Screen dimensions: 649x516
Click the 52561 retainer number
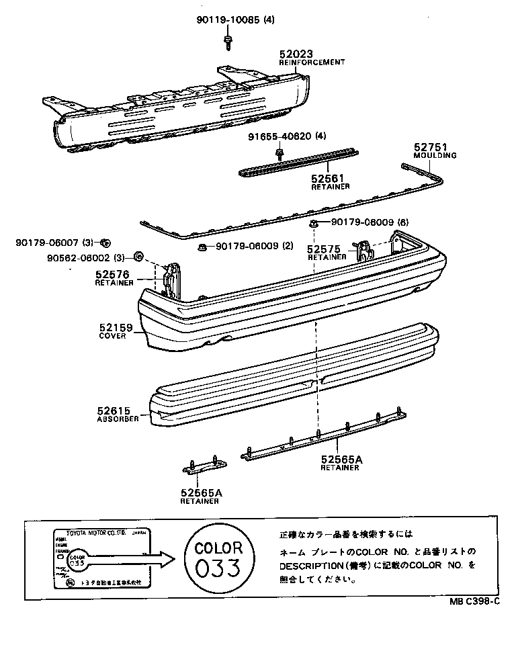[x=327, y=178]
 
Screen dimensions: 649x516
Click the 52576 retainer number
[x=112, y=274]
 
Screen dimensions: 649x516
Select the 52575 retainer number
[x=325, y=248]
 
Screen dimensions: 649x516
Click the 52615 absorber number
[x=114, y=410]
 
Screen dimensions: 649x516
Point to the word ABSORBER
[x=118, y=419]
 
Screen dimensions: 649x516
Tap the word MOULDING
[x=434, y=155]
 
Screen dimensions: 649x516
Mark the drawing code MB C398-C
[x=474, y=601]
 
